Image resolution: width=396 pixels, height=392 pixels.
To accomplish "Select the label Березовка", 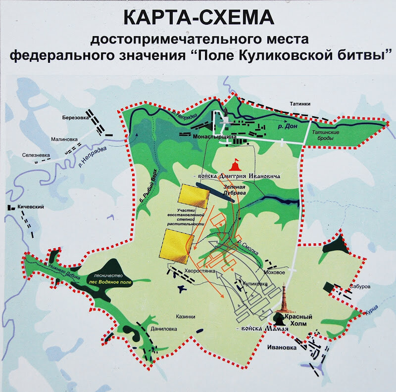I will [76, 118].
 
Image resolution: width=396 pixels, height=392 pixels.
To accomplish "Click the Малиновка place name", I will [65, 140].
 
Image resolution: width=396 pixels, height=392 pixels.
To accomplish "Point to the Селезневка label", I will [37, 155].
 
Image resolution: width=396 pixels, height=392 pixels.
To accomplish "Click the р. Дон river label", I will [288, 127].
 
